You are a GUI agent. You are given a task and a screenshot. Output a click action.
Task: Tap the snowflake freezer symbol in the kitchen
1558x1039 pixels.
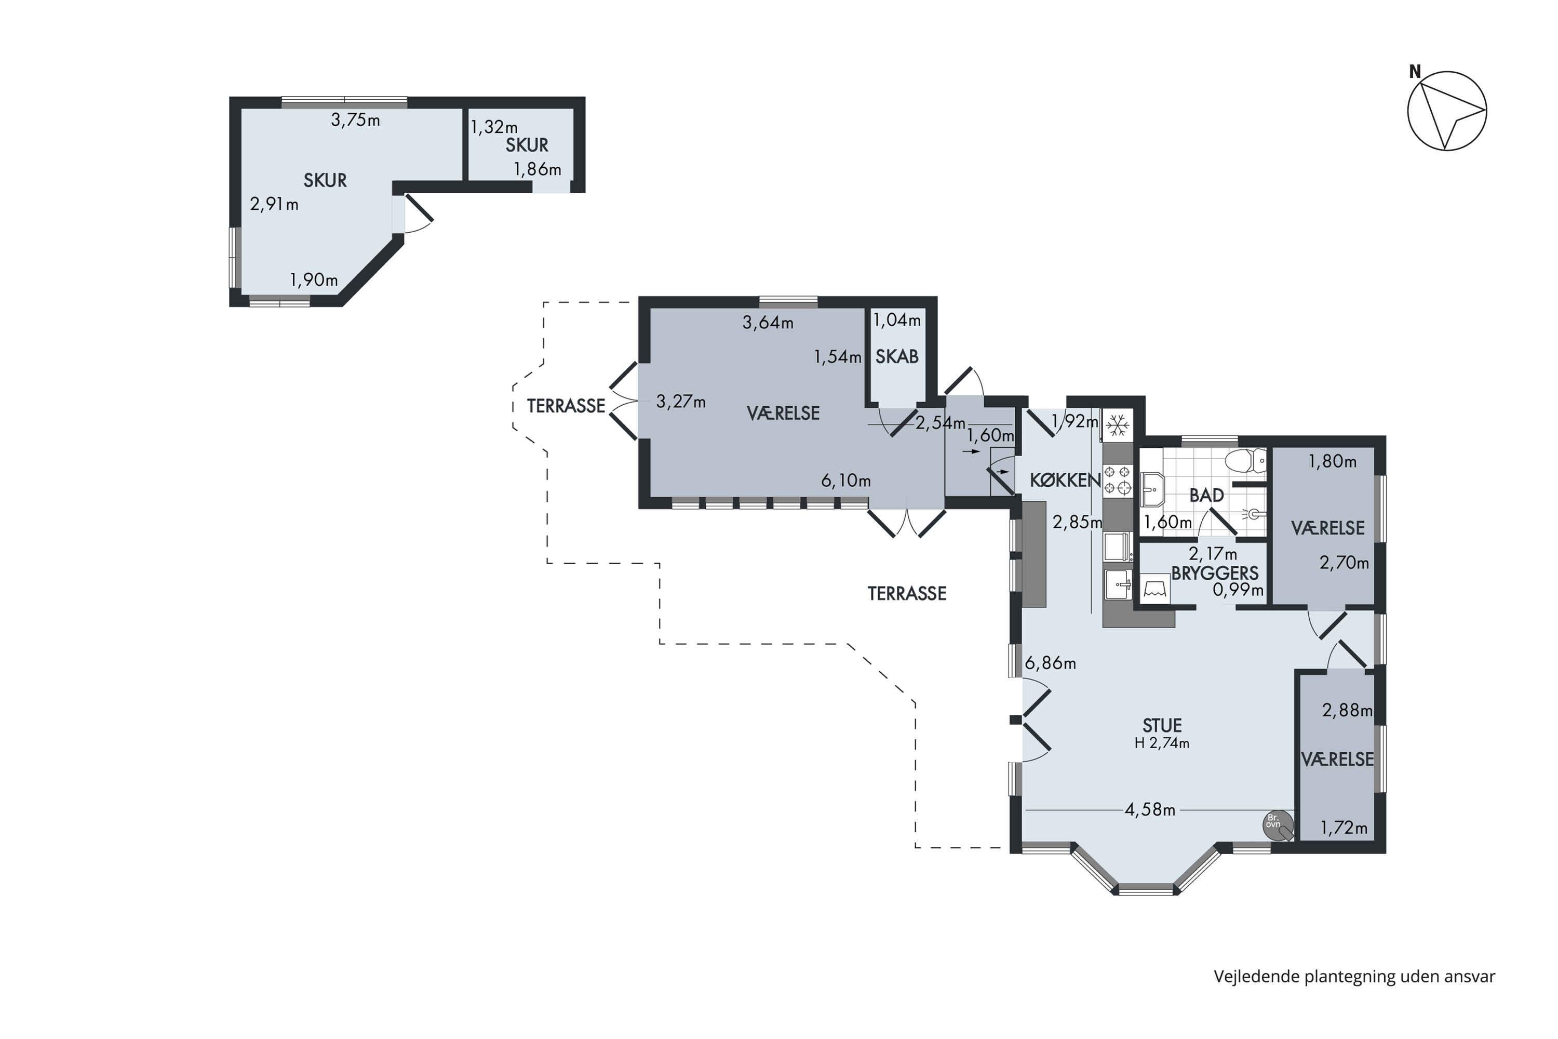coord(1118,425)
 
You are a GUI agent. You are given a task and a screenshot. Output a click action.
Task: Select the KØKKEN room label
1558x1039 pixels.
coord(1065,479)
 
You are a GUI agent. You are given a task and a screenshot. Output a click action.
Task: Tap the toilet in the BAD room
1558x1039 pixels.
coord(1245,460)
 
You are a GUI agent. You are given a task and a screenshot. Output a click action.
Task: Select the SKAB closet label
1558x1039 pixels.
coord(897,356)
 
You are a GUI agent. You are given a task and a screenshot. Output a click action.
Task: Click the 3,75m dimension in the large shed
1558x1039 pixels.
coord(356,120)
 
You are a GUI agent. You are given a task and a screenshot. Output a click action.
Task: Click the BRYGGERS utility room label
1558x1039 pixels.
coord(1215,573)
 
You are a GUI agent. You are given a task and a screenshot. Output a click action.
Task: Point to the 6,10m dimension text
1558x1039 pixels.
coord(846,481)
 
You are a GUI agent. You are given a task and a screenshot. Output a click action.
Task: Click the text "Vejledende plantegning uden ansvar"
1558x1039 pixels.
coord(1354,976)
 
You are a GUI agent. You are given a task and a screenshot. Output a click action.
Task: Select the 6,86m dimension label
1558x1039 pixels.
coord(1050,663)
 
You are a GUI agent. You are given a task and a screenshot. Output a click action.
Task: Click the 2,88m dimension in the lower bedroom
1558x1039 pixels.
coord(1347,710)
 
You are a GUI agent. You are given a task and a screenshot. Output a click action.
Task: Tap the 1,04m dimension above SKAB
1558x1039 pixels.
coord(897,320)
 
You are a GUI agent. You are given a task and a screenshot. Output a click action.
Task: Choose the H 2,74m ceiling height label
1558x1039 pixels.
coord(1162,743)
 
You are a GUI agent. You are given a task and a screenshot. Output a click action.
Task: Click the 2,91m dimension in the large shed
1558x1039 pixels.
coord(274,204)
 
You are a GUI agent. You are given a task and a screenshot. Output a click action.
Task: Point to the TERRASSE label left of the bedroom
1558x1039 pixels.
coord(567,406)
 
